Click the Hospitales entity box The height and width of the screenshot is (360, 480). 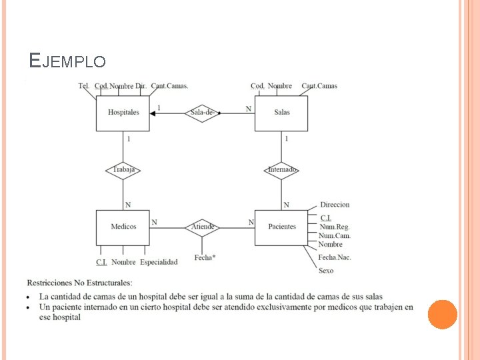(x=123, y=113)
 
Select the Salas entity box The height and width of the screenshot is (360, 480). (x=281, y=113)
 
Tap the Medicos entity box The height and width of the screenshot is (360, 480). (x=123, y=227)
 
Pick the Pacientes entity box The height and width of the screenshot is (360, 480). (x=281, y=227)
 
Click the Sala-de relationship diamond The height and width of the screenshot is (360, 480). (x=202, y=113)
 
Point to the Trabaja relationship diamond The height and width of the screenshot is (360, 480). (x=123, y=170)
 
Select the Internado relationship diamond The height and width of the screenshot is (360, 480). (x=282, y=170)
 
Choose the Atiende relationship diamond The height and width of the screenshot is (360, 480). (x=203, y=227)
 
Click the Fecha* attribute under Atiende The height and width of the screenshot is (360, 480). (x=205, y=257)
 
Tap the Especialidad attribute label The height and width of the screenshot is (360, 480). (x=159, y=262)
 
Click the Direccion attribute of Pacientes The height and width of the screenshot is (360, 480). (x=335, y=205)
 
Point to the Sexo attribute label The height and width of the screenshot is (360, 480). (x=326, y=271)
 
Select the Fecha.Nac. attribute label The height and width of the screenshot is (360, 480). (x=335, y=257)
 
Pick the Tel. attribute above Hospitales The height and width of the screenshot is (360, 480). (x=84, y=86)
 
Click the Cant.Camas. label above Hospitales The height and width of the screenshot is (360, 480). (x=169, y=86)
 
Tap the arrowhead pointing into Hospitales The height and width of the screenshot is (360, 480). (x=153, y=113)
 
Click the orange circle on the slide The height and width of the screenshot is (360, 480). (x=442, y=314)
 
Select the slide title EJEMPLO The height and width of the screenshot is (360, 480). (x=67, y=61)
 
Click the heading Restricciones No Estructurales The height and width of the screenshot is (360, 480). (x=79, y=283)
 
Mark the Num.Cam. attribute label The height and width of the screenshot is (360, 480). (x=334, y=236)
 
